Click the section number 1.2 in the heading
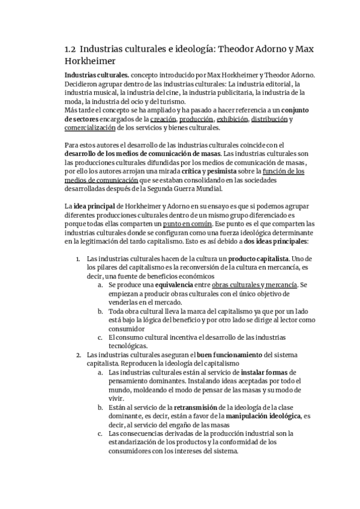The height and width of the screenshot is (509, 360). (70, 49)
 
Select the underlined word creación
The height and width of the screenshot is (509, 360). (163, 119)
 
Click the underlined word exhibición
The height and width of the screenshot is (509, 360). (231, 119)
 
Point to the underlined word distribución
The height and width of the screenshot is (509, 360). (268, 119)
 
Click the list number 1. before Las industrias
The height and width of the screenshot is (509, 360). (78, 258)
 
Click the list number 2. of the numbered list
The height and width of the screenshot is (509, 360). (78, 354)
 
